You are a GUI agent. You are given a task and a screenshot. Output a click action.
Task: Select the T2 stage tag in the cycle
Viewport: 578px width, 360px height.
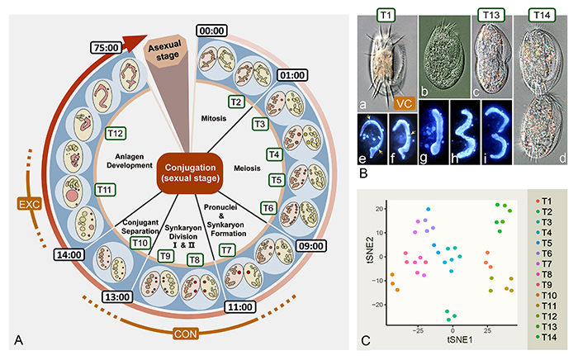[237, 101]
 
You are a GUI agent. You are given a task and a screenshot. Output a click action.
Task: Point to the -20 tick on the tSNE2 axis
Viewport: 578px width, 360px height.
[376, 306]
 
